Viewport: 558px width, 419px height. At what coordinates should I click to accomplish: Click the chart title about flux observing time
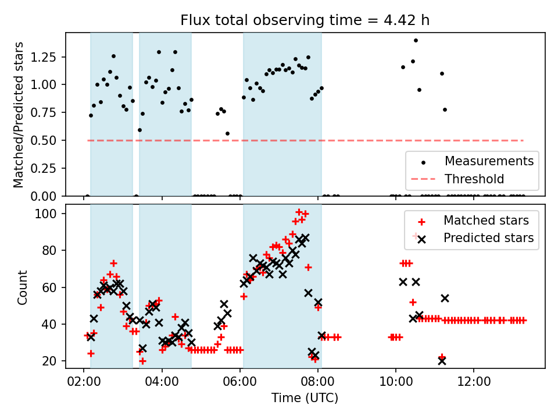click(305, 20)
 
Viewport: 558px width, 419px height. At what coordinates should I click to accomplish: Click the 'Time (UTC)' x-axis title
click(305, 398)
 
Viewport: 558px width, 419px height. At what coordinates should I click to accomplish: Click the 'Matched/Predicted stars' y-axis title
click(19, 115)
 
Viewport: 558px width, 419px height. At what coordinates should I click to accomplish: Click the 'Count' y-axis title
click(23, 286)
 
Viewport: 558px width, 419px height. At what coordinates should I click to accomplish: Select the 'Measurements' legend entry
click(489, 161)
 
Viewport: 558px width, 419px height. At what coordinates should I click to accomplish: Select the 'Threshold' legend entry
click(474, 179)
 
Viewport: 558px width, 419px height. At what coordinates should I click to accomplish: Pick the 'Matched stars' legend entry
click(486, 221)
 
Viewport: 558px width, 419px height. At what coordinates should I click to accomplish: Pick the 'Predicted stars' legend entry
click(489, 237)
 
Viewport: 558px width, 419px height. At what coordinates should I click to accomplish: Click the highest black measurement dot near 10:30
click(416, 40)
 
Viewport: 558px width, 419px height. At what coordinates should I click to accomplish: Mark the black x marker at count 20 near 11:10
click(442, 361)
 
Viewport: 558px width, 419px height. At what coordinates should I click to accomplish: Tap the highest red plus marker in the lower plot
click(299, 212)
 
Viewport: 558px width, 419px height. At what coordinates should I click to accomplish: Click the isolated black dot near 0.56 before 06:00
click(227, 133)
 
